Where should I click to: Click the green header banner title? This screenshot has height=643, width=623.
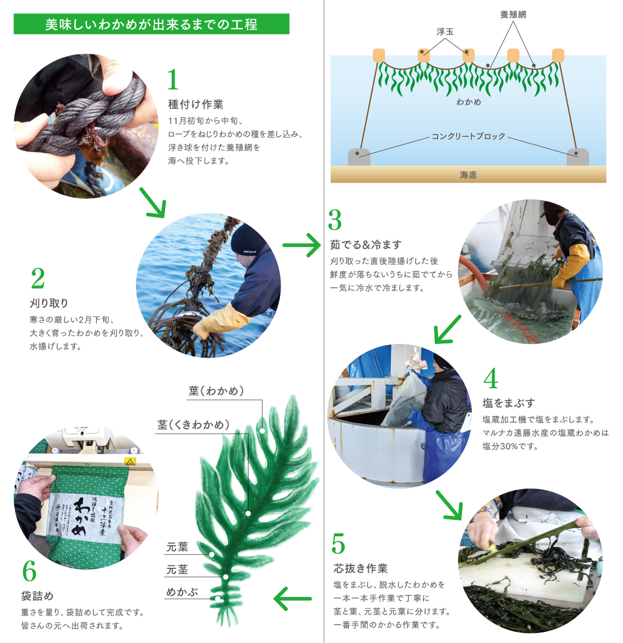151,25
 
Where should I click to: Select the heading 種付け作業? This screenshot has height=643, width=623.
195,104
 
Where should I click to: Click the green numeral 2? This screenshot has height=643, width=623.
37,279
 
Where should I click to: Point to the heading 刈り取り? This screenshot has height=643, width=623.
49,303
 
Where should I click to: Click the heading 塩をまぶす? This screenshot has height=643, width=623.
509,403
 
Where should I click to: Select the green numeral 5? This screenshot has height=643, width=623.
338,543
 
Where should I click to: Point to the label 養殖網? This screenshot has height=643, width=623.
513,14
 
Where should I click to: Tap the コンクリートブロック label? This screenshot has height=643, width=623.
468,137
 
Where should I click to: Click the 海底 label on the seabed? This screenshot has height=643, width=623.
468,174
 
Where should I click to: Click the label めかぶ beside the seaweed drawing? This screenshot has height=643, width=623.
182,592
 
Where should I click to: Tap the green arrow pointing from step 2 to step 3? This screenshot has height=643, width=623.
302,245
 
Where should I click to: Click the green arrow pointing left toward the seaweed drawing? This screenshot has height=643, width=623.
292,598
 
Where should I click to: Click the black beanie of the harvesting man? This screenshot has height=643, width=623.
247,238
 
